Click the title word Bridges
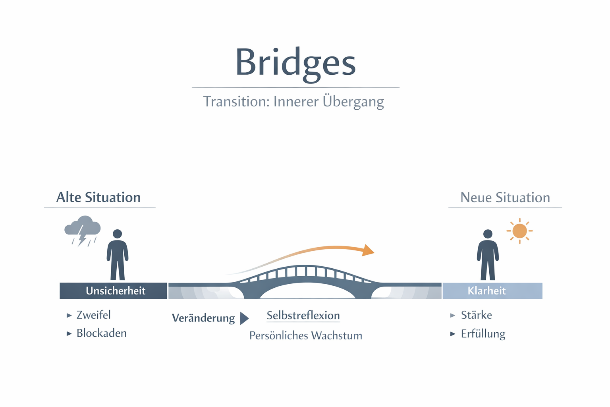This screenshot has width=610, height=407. (x=295, y=63)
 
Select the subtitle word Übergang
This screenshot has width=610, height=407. (x=353, y=102)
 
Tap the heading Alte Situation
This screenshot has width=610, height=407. (x=98, y=198)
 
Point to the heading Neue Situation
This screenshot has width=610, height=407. (x=505, y=198)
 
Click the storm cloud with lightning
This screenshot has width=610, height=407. (x=83, y=230)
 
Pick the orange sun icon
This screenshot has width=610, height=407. (x=519, y=231)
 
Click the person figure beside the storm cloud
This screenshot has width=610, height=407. (x=118, y=255)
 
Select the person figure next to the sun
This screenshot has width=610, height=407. (x=488, y=255)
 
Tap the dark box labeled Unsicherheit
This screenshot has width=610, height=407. (x=114, y=291)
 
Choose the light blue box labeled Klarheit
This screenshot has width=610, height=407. (x=492, y=291)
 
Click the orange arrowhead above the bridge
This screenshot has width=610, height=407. (x=368, y=250)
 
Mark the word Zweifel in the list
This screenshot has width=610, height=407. (x=93, y=315)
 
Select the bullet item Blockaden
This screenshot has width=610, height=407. (x=101, y=333)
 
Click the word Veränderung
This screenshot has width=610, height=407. (x=203, y=318)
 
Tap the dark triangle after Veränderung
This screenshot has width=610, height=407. (x=244, y=318)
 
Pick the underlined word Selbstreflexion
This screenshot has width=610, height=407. (x=303, y=316)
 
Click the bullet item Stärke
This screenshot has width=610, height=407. (x=476, y=315)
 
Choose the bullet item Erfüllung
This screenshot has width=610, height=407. (x=483, y=334)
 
